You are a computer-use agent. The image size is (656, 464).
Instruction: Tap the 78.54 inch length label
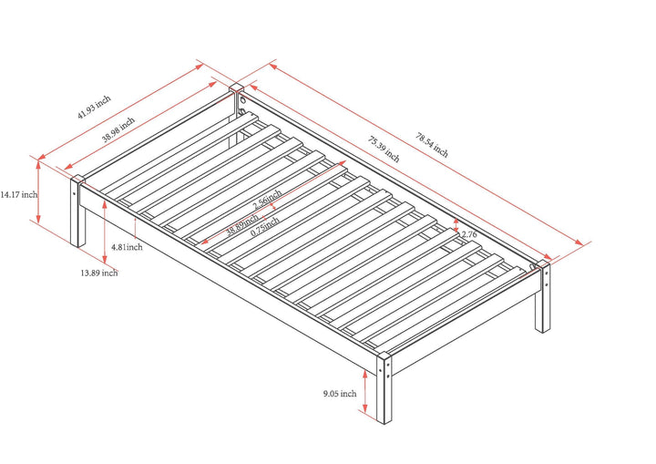(432, 144)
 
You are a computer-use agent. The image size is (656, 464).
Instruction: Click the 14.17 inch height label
(18, 194)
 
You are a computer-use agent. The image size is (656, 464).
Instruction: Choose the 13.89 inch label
(97, 273)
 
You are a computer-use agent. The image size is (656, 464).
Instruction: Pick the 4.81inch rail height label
(127, 247)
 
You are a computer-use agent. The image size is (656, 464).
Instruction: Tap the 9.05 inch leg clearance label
(339, 394)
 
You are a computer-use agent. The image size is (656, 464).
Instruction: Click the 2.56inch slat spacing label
(263, 199)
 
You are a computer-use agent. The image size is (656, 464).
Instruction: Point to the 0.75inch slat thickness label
(263, 229)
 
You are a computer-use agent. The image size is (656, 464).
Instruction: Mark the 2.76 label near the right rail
(470, 235)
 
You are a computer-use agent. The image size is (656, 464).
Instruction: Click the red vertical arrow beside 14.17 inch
(38, 190)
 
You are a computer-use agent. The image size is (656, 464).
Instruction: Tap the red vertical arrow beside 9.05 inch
(365, 393)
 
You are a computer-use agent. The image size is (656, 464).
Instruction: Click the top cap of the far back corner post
(236, 89)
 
